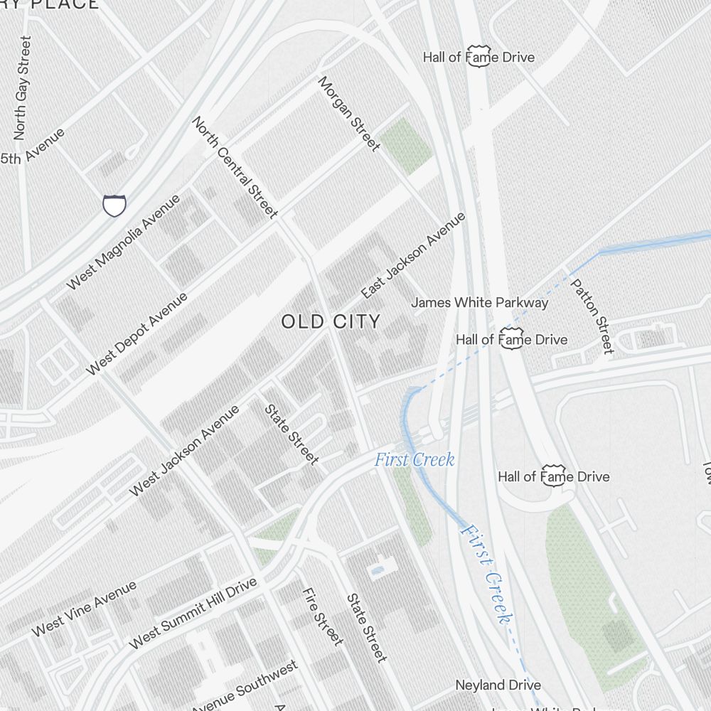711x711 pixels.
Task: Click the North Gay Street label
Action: coord(22,87)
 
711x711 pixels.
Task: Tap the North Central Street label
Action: coord(234,167)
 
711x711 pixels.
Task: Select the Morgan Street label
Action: coord(348,114)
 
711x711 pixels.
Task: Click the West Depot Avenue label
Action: coord(137,333)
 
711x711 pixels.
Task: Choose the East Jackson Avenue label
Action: coord(412,255)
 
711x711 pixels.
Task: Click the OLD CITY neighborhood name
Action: coord(331,321)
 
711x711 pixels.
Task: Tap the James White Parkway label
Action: coord(479,302)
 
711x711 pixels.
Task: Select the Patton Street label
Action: coord(592,316)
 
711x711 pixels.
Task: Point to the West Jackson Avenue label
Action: coord(184,451)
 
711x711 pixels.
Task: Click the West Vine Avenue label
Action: coord(83,609)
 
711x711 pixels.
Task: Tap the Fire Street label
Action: coord(322,616)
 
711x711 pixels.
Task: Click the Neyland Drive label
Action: coord(498,685)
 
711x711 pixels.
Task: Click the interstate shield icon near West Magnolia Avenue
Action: coord(114,205)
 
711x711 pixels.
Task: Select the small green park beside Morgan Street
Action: coord(405,146)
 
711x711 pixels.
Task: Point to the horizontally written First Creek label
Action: coord(415,459)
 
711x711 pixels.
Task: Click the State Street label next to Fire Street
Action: coord(366,628)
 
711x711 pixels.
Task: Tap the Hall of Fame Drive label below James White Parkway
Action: coord(512,339)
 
